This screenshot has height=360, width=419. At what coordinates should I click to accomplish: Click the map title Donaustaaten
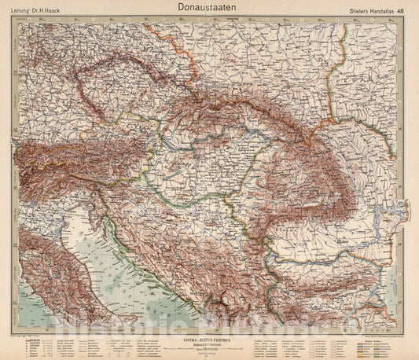209,6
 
